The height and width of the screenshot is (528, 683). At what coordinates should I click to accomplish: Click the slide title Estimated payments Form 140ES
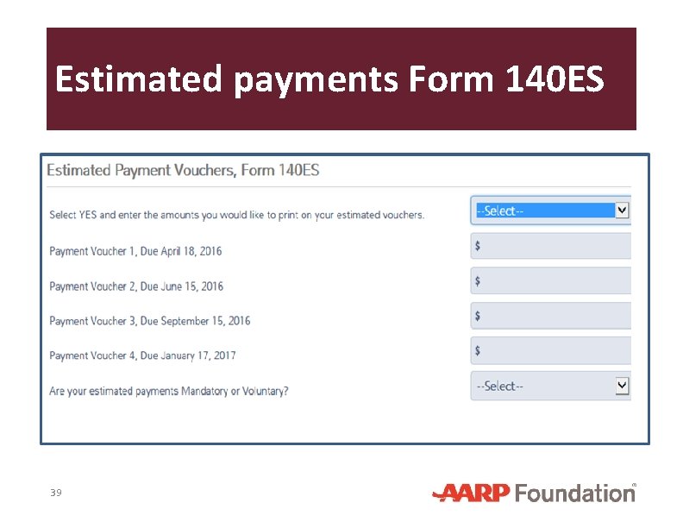click(329, 79)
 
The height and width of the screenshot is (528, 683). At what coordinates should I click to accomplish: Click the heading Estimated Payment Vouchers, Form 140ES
click(183, 170)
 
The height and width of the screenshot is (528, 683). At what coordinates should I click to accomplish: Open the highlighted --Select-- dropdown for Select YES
click(543, 211)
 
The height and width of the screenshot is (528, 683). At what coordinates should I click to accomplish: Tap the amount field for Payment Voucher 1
click(552, 246)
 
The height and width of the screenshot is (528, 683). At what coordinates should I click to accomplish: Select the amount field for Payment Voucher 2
click(552, 281)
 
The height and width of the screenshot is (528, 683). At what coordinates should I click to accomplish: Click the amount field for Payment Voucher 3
click(552, 316)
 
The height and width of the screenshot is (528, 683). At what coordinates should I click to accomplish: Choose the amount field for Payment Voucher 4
click(552, 351)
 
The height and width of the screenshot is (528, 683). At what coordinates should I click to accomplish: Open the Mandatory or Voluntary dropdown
click(543, 387)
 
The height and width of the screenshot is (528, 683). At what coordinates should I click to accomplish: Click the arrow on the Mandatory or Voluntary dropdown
click(623, 386)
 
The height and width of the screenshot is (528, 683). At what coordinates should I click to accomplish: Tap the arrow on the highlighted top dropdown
click(623, 210)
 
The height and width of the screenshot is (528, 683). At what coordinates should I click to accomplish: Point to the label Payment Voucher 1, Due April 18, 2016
click(135, 251)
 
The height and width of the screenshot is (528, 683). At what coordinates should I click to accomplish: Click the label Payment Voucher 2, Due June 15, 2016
click(136, 286)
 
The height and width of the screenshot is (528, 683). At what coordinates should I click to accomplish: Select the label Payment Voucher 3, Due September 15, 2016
click(150, 321)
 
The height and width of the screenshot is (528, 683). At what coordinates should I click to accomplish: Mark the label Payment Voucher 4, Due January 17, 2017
click(142, 355)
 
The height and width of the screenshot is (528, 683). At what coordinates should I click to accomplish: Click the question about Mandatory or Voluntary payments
click(169, 391)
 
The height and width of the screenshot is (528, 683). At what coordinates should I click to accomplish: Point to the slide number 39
click(56, 493)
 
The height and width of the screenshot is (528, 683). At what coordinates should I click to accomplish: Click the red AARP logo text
click(472, 493)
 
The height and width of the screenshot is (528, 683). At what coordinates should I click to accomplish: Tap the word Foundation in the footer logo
click(574, 493)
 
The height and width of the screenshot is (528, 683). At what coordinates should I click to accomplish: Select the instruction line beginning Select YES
click(237, 215)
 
